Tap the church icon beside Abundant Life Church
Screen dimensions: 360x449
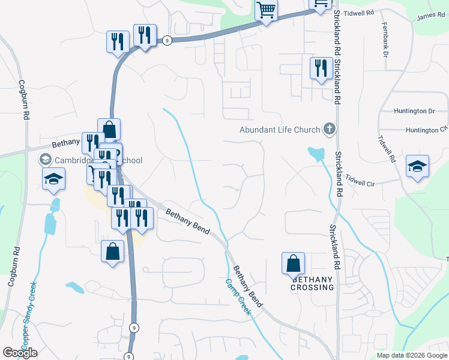[329, 128]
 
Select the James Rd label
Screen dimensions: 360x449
[431, 16]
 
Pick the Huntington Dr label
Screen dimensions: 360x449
[414, 111]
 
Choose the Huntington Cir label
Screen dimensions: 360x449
[426, 130]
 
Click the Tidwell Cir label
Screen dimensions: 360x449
[360, 181]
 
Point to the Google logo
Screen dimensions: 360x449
[20, 353]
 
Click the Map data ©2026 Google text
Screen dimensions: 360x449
[412, 355]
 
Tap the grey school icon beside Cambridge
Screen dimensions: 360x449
[45, 160]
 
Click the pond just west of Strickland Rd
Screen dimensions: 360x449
[315, 154]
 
